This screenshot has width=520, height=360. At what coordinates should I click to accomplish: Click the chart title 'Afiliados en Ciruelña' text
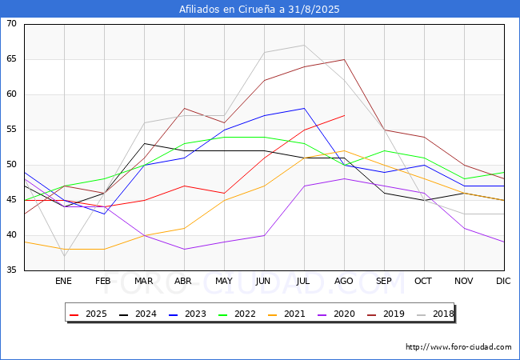(260, 10)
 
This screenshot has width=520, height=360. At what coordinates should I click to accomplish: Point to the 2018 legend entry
(432, 314)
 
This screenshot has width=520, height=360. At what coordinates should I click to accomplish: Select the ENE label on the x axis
(63, 282)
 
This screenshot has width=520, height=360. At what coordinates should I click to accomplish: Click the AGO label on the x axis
(344, 282)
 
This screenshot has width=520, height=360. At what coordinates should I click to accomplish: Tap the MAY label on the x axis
(223, 282)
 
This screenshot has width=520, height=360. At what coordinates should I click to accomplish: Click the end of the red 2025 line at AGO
(344, 115)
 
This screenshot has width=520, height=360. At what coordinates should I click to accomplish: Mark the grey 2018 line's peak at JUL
(304, 45)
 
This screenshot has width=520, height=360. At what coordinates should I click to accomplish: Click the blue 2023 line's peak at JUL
(304, 108)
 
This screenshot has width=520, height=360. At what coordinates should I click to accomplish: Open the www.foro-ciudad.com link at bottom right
(458, 347)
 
